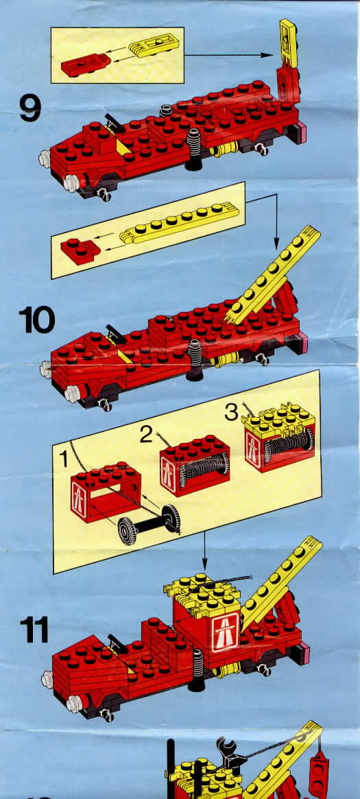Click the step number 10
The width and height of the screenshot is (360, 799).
(36, 320)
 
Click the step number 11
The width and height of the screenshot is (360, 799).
(34, 630)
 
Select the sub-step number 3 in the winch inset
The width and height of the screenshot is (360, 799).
(232, 412)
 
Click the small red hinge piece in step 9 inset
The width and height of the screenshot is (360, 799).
(86, 64)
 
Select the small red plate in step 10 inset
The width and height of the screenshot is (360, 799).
(80, 250)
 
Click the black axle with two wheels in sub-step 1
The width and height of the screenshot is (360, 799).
(149, 524)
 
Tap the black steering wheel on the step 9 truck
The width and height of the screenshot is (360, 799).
(115, 122)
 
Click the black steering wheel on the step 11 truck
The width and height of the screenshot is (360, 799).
(117, 639)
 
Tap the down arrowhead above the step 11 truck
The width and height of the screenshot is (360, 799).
(204, 565)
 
